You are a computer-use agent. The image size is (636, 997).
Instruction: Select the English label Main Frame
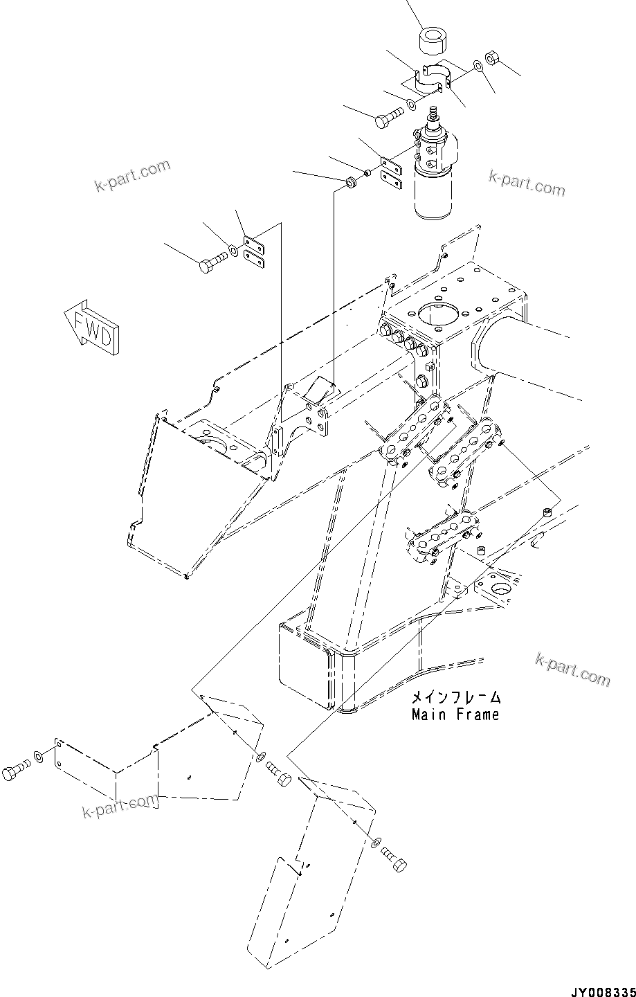455,714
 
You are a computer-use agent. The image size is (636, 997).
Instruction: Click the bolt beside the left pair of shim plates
211,263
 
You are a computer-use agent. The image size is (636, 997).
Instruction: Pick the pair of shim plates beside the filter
391,174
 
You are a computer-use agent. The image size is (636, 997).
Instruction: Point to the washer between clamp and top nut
478,66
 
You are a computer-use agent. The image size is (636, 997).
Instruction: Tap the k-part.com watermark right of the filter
527,182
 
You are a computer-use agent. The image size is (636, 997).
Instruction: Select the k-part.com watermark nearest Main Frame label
572,670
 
